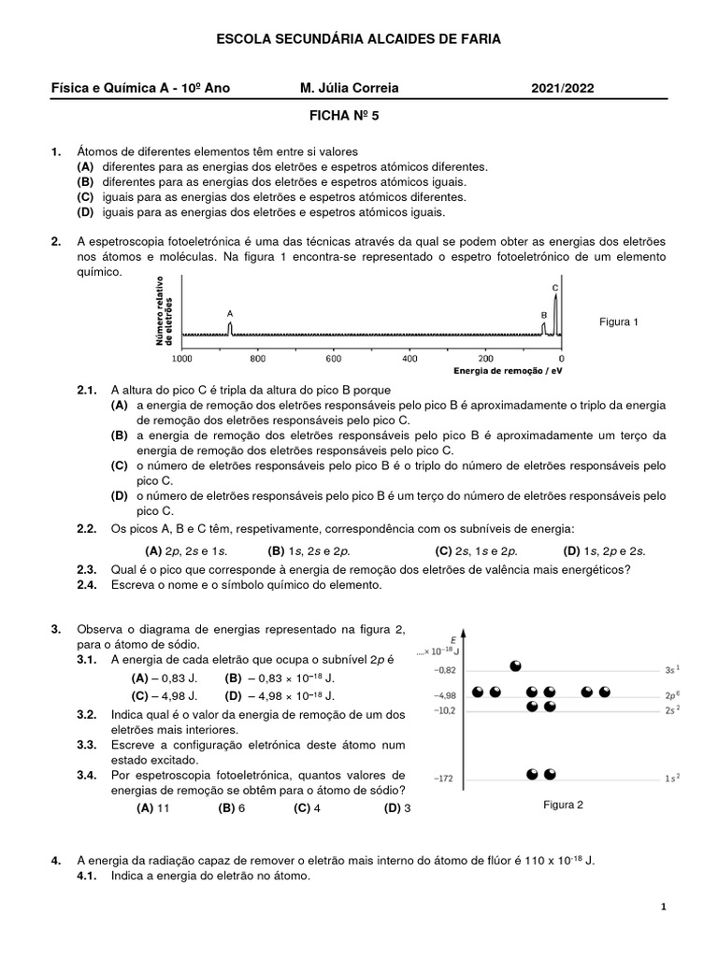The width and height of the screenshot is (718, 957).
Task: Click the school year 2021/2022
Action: click(x=562, y=88)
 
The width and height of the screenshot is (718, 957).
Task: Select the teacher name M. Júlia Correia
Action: click(x=349, y=88)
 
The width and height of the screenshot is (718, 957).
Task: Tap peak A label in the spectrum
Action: click(x=230, y=314)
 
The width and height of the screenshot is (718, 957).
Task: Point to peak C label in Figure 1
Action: click(x=555, y=288)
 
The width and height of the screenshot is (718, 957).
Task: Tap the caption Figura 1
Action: click(x=618, y=322)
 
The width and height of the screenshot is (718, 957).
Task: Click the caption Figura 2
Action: click(x=563, y=804)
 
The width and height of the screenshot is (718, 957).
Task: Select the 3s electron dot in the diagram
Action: click(x=514, y=665)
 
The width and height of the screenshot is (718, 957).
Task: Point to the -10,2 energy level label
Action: click(x=445, y=710)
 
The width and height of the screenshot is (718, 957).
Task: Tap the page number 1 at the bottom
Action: click(x=663, y=907)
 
